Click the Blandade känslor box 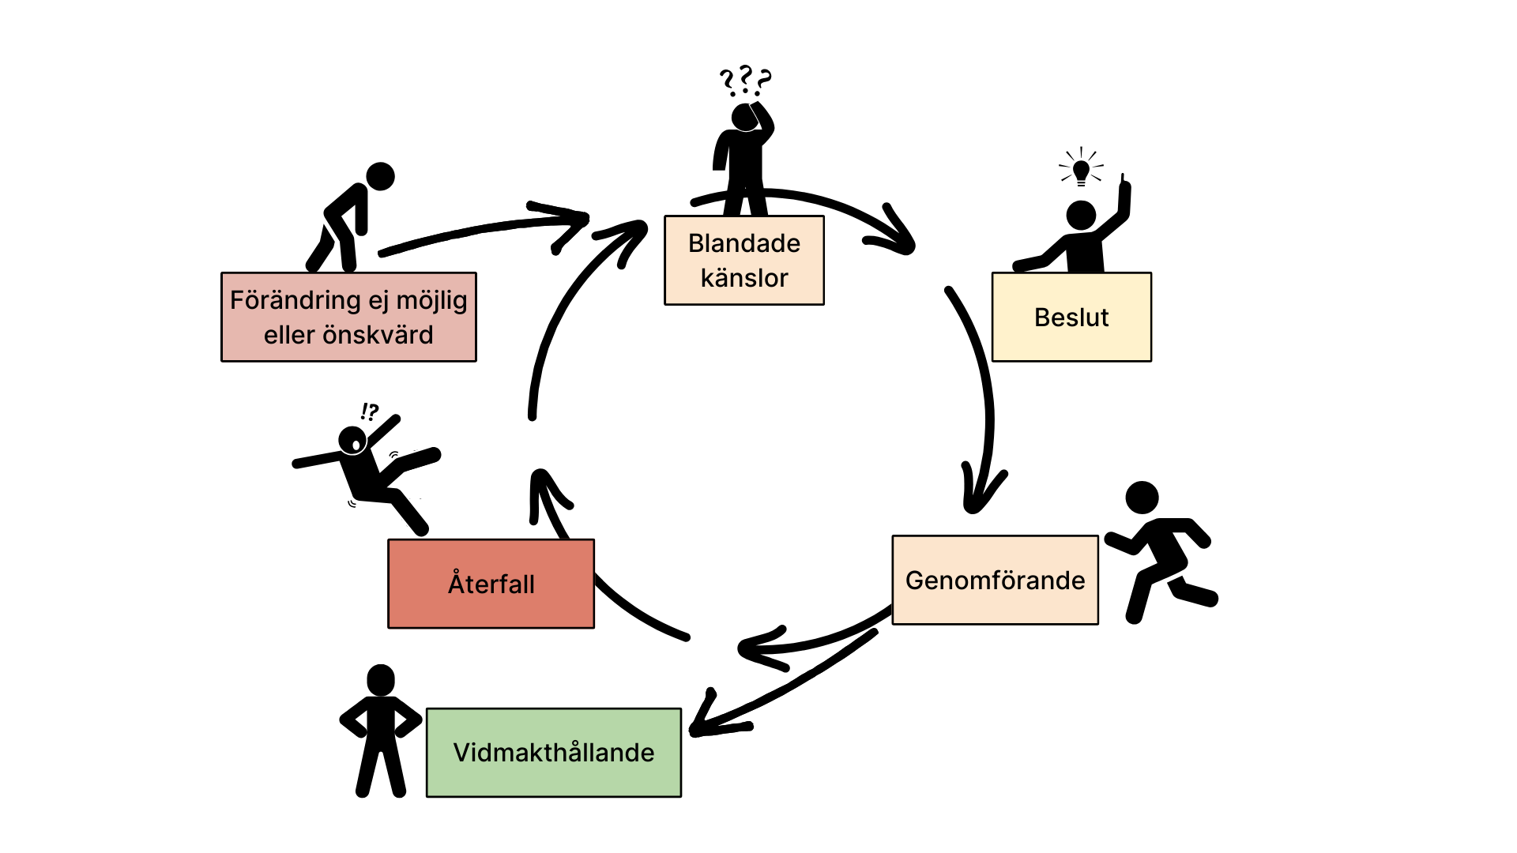click(744, 260)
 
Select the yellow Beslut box click(1071, 317)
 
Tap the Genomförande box click(996, 580)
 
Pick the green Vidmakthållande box click(554, 753)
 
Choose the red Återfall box click(491, 584)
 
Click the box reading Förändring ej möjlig click(348, 317)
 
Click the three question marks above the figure click(745, 81)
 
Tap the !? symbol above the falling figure click(369, 411)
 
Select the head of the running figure click(1142, 498)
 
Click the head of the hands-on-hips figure click(381, 679)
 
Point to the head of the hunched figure click(380, 176)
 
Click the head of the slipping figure click(352, 441)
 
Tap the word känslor click(744, 278)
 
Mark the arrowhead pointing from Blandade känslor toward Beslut click(893, 233)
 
